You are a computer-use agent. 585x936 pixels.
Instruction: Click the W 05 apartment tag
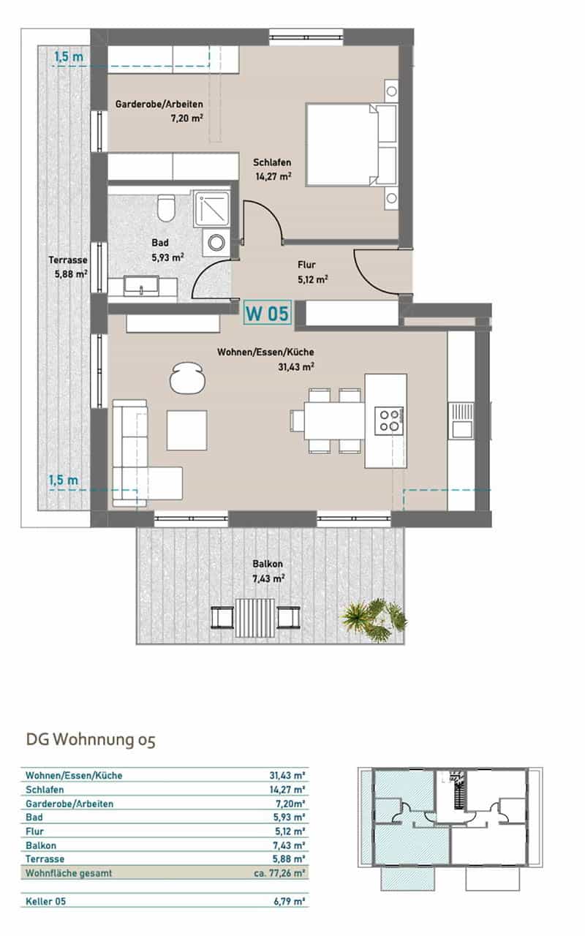(268, 313)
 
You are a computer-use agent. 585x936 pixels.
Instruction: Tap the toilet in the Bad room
(166, 208)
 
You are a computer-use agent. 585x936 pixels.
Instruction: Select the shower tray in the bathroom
(211, 209)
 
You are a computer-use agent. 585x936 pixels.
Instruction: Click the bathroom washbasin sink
(141, 286)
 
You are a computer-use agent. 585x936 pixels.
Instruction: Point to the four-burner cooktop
(389, 420)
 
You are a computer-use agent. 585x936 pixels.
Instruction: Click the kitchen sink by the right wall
(461, 420)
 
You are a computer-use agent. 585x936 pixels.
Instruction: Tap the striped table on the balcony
(255, 618)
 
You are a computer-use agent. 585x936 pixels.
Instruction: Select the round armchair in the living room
(186, 378)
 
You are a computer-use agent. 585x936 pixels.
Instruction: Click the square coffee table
(186, 430)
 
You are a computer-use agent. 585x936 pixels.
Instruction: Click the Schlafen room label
(272, 162)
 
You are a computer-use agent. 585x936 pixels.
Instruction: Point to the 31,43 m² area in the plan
(296, 367)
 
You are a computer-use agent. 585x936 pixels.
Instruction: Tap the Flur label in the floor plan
(306, 265)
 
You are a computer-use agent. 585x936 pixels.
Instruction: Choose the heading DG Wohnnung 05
(91, 740)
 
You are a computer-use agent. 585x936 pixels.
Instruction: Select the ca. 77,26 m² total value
(279, 873)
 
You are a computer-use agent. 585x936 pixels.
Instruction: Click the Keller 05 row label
(45, 902)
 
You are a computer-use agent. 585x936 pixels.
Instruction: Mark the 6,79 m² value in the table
(289, 902)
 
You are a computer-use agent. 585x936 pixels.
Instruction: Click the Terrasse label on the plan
(68, 260)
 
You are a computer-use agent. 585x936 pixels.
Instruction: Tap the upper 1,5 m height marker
(69, 57)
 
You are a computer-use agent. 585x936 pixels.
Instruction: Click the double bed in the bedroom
(352, 144)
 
